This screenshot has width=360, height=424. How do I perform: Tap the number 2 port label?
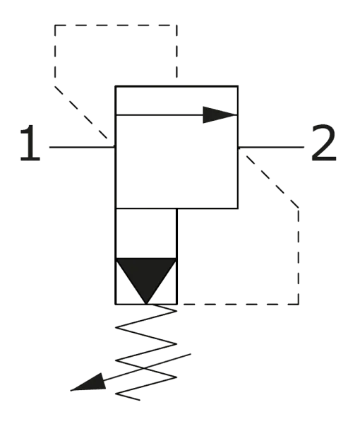tap(324, 144)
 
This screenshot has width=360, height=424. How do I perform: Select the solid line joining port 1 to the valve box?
tap(80, 146)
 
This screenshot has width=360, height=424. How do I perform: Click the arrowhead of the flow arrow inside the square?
tap(219, 113)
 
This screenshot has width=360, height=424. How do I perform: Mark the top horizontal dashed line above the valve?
tap(116, 25)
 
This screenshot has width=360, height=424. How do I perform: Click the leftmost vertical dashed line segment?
tap(54, 53)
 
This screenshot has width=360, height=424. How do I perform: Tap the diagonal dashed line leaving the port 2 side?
tap(272, 180)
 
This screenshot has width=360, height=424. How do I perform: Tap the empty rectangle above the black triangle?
tap(146, 235)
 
